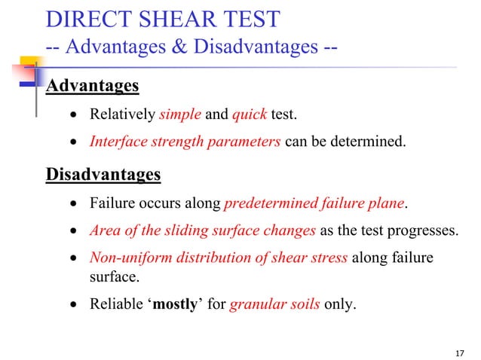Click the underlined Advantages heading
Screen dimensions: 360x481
coord(93,86)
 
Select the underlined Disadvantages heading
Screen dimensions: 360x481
coord(103,175)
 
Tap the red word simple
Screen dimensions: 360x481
coord(179,115)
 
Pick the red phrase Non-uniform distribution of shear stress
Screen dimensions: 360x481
coord(219,258)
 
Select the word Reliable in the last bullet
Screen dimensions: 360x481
coord(114,306)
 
